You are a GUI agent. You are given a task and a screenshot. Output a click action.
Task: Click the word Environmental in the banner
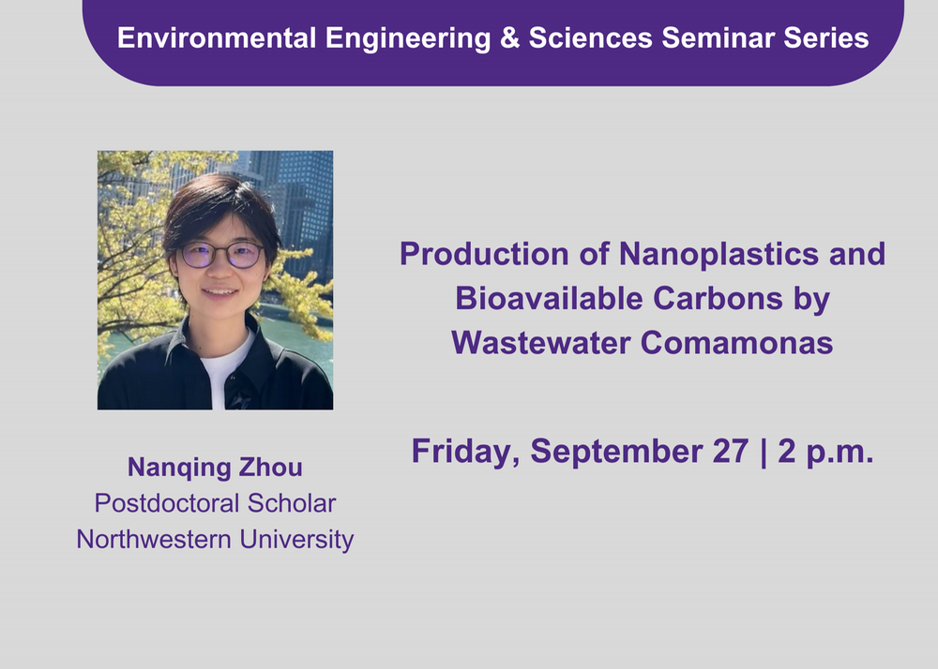(217, 38)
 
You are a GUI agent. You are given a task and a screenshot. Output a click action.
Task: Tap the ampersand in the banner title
(509, 38)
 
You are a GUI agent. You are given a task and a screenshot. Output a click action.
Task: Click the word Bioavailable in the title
(550, 298)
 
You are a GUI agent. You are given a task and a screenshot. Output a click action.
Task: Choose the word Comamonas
(737, 343)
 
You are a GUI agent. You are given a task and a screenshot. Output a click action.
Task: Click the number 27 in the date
(731, 451)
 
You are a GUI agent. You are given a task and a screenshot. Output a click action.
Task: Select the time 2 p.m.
(825, 452)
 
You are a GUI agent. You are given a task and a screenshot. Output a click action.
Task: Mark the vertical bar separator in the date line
(764, 453)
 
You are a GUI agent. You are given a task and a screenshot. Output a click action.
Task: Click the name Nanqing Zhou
(216, 468)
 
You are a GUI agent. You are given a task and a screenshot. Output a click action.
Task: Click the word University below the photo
(296, 540)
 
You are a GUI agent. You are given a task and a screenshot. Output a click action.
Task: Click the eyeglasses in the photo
(222, 255)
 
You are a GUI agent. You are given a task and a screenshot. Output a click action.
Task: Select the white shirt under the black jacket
(224, 369)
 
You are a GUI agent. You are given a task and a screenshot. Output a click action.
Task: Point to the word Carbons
(718, 298)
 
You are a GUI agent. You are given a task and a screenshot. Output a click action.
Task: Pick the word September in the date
(615, 452)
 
